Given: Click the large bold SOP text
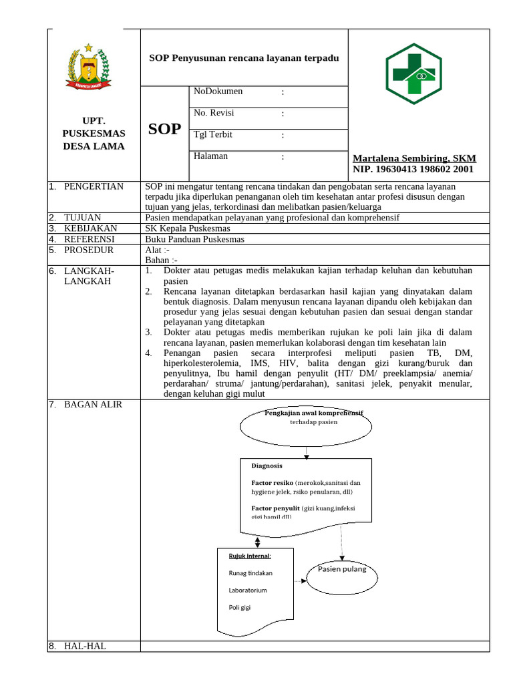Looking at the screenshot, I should pos(165,129).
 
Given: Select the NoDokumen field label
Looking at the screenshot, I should pos(218,92).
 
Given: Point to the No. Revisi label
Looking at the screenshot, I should pos(214,113).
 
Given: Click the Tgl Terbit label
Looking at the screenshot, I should pos(213,134).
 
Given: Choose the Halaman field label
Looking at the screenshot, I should pos(211,156).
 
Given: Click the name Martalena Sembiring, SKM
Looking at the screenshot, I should pos(414,158).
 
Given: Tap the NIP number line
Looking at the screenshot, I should pos(413,170).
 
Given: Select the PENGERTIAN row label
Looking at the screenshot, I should pos(94,186).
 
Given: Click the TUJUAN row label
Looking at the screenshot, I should pos(82,218).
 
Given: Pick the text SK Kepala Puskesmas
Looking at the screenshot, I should pos(183,228).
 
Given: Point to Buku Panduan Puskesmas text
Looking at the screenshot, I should pos(194,239).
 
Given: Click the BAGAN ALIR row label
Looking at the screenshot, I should pos(93,404).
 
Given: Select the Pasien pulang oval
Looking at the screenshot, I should pos(342,570).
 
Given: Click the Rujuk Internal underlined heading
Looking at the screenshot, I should pos(250,556).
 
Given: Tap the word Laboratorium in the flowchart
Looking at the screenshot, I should pos(248,590).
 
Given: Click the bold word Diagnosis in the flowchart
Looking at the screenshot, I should pos(267,466).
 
